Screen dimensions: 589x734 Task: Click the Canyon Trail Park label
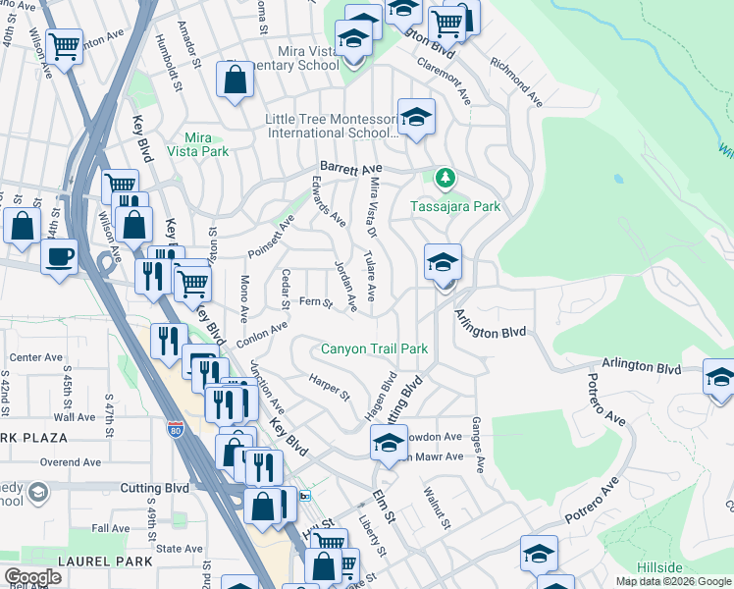tap(375, 348)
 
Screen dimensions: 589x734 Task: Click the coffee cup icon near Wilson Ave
tap(59, 257)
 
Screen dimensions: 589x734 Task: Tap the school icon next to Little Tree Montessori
tap(416, 118)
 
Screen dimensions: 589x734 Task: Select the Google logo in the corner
tap(32, 577)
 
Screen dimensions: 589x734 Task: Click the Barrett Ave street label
tap(347, 168)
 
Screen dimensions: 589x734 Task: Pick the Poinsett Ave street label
tap(271, 237)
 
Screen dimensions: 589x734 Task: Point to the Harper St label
tap(329, 387)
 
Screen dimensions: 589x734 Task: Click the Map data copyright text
tap(673, 581)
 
